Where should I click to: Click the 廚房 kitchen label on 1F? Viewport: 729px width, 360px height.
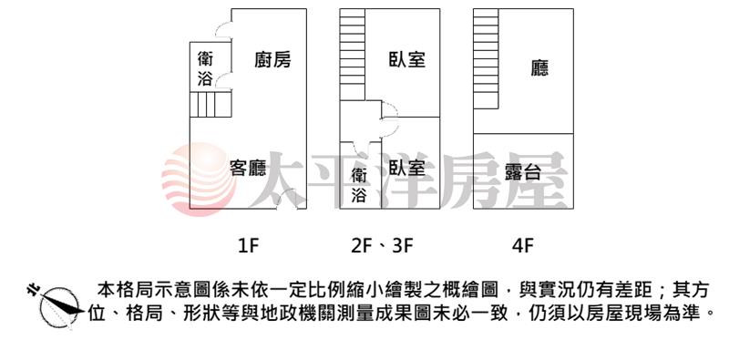(272, 59)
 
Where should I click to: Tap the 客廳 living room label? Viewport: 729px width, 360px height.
(248, 168)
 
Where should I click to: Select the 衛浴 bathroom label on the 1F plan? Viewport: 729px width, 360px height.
(205, 69)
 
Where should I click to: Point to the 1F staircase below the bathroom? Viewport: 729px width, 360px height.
(210, 104)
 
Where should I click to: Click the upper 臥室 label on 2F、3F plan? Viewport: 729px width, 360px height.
(407, 59)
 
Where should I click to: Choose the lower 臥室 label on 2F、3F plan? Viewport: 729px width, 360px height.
(407, 168)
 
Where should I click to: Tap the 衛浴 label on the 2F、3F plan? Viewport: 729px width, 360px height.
(359, 186)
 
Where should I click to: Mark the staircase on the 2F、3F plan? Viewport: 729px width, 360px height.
(353, 55)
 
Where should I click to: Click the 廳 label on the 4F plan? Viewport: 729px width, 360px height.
(539, 68)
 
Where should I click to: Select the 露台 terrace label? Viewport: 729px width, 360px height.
(523, 172)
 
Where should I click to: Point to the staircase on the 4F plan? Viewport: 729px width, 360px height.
(486, 58)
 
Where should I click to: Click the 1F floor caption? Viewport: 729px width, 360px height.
(247, 245)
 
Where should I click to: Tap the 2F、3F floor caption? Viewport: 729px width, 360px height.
(382, 245)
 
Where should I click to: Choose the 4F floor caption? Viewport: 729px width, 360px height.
(522, 245)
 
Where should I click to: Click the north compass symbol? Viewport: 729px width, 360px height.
(56, 304)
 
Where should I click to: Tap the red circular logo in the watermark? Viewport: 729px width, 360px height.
(199, 180)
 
